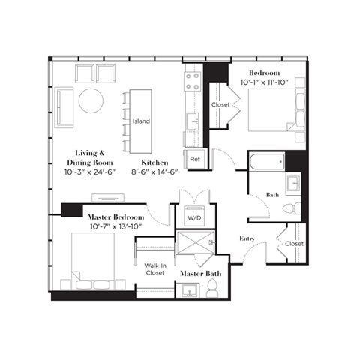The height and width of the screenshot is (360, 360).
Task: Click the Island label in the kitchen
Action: [141, 121]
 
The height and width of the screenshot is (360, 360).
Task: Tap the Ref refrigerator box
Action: [195, 160]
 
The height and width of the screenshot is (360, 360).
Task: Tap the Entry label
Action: [248, 238]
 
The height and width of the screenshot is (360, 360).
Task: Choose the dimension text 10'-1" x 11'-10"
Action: [265, 82]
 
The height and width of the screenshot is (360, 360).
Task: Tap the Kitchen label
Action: [154, 163]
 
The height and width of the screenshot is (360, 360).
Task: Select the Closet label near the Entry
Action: [294, 244]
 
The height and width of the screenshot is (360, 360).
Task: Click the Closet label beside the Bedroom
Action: [220, 104]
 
